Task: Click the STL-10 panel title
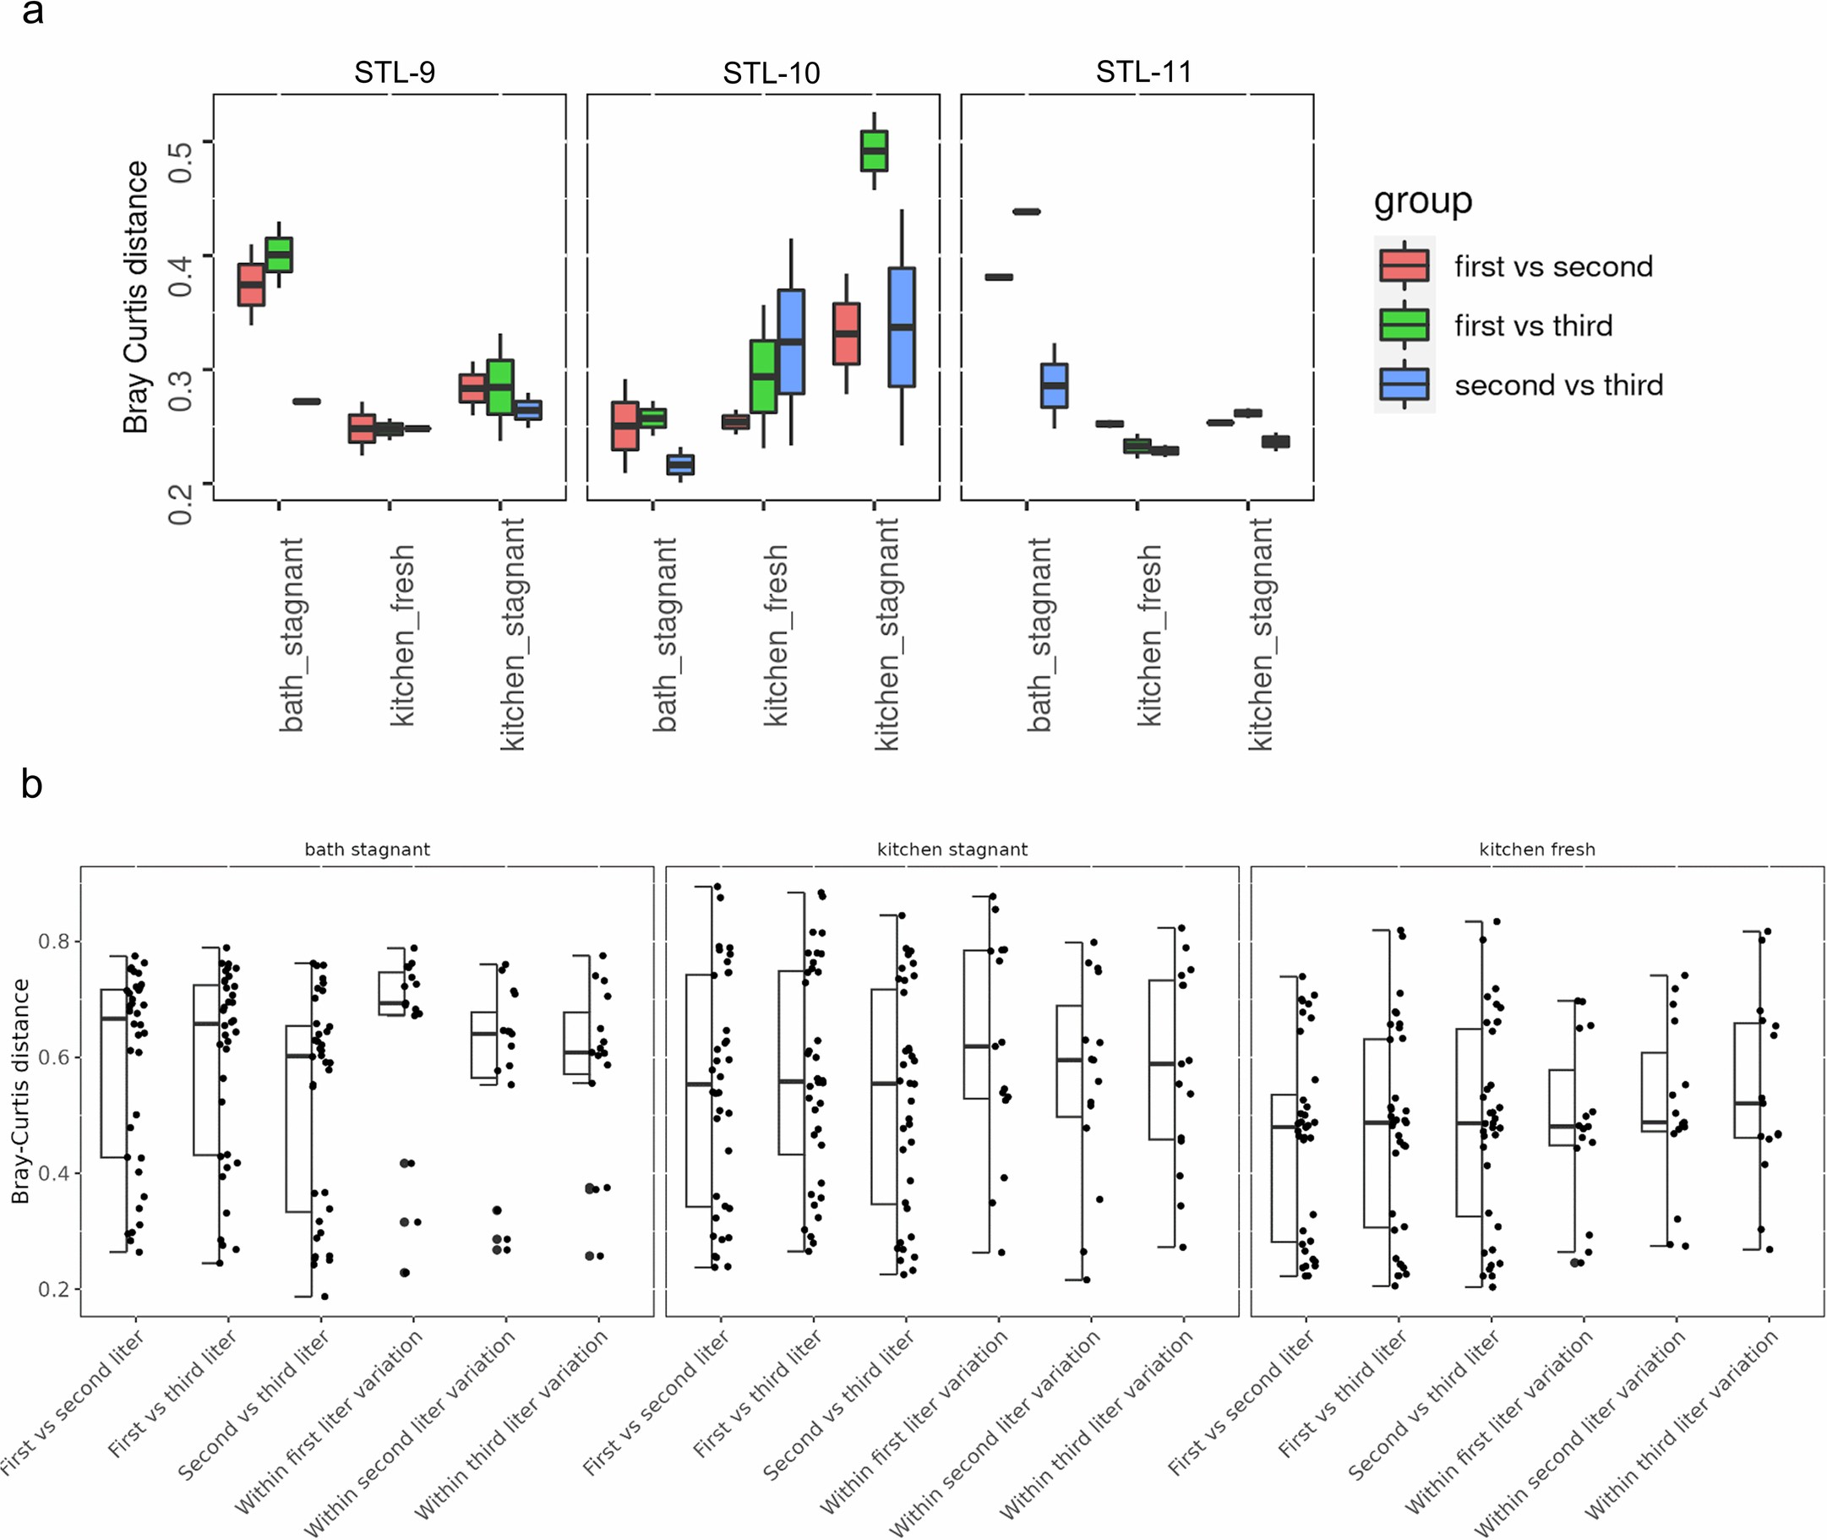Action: (x=771, y=73)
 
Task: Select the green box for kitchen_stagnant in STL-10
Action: (x=874, y=151)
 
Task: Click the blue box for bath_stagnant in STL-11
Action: (x=1054, y=385)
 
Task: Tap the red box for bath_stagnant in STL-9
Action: (x=251, y=285)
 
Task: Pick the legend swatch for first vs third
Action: (x=1404, y=325)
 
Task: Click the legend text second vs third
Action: (x=1558, y=385)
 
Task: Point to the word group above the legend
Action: (x=1422, y=201)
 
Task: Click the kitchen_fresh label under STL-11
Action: (x=1149, y=635)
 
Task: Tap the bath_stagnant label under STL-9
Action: (x=292, y=635)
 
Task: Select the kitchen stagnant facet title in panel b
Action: (x=952, y=849)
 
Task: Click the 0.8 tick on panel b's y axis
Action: (x=53, y=941)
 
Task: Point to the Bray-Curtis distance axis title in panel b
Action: (x=20, y=1091)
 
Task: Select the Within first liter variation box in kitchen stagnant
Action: (x=976, y=1024)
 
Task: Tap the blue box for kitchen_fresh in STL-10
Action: (x=791, y=341)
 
